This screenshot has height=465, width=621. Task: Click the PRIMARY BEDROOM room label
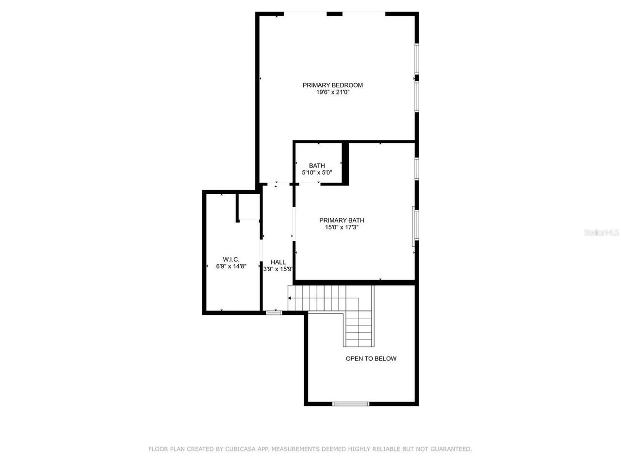click(332, 85)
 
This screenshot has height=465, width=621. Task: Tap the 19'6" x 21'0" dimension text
click(333, 92)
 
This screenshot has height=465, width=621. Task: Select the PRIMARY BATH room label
click(342, 220)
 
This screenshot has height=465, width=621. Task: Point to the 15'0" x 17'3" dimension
click(342, 227)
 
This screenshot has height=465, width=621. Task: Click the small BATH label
click(317, 166)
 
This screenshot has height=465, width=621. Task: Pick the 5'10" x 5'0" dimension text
click(317, 172)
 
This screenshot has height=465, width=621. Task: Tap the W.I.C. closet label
click(231, 259)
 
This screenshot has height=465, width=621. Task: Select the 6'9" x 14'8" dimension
click(231, 266)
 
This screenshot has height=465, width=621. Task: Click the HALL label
click(278, 262)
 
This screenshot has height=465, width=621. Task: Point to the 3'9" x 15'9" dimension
click(278, 269)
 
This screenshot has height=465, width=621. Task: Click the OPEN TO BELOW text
click(371, 358)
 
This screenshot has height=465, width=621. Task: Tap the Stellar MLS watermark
click(602, 233)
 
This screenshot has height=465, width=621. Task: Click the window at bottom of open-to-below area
click(351, 403)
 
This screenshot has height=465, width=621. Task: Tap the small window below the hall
click(274, 313)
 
